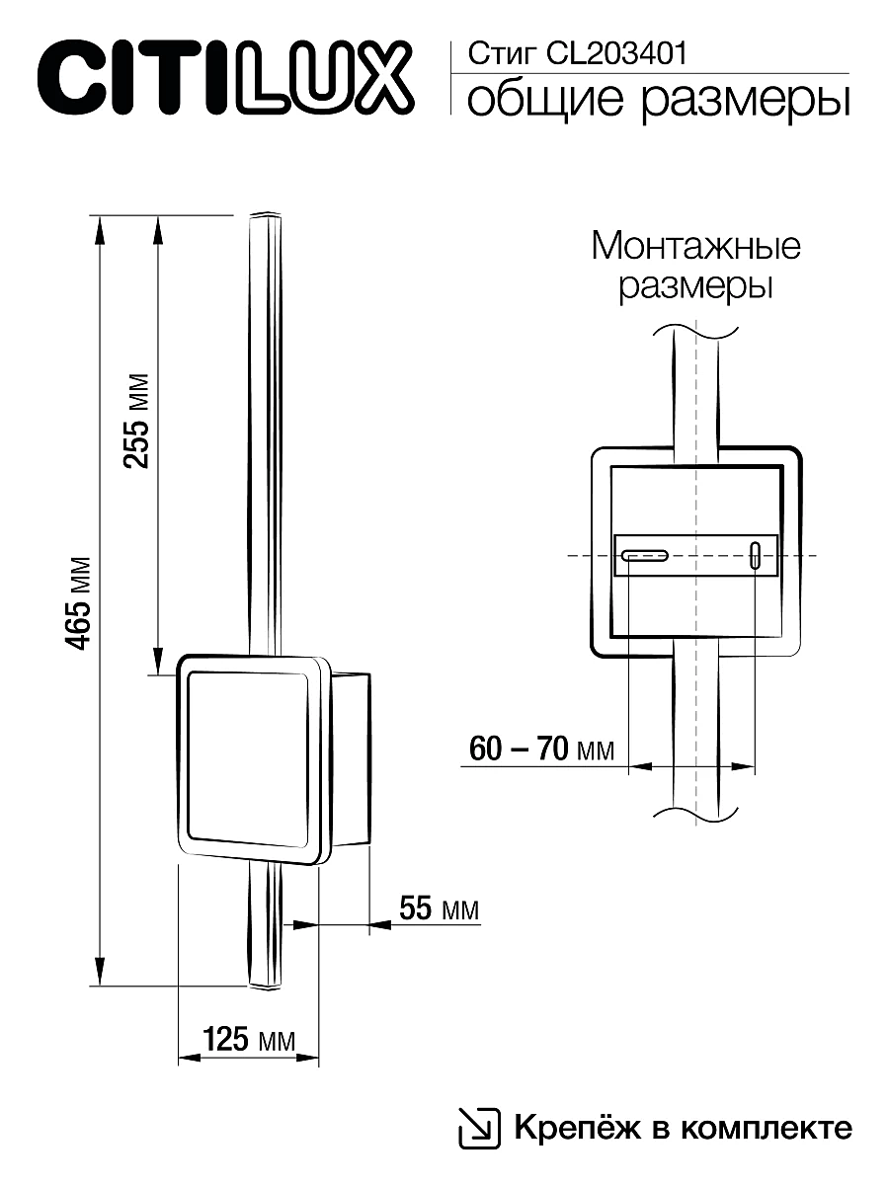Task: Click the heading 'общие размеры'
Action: tap(657, 101)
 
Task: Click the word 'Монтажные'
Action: tap(695, 245)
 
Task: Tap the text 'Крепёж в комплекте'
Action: tap(681, 1127)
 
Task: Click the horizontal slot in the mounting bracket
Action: tap(644, 556)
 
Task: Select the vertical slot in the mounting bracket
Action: tap(756, 556)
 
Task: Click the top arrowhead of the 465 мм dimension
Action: tap(99, 230)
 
